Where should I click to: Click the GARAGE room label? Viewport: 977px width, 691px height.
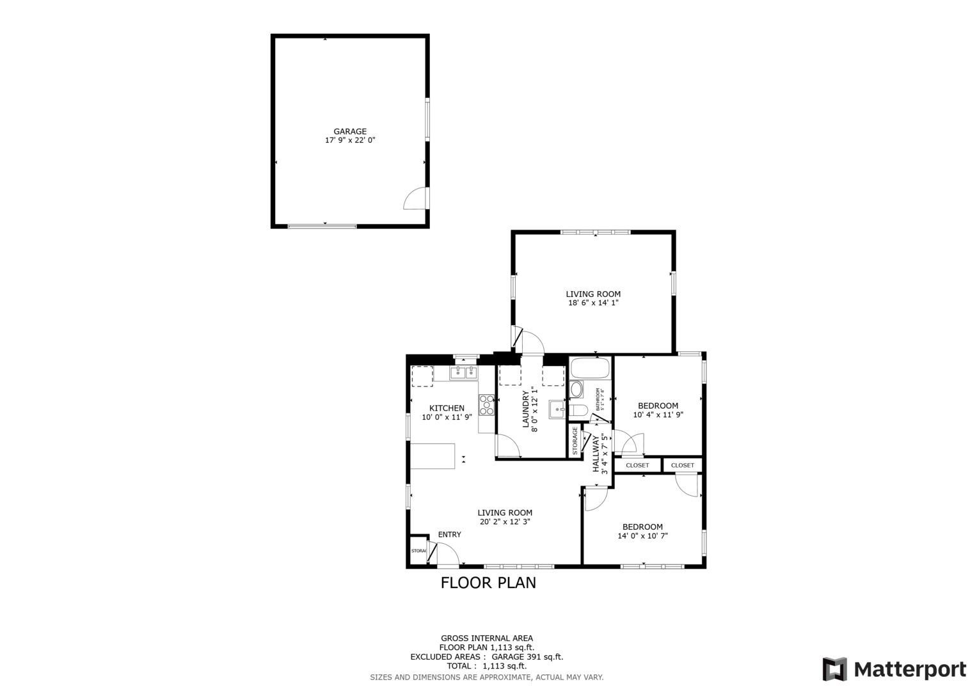350,131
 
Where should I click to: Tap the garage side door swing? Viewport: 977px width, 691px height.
417,198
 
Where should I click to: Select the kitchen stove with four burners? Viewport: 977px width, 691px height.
486,404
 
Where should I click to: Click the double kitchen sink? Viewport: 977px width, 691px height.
464,372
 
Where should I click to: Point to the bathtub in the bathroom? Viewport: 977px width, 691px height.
590,368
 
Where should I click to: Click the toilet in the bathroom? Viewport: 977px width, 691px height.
578,410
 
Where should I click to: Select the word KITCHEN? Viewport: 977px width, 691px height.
447,408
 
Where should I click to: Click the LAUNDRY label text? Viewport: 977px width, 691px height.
526,409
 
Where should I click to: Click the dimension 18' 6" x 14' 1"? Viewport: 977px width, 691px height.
593,303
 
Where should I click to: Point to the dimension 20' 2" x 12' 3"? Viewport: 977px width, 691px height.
505,521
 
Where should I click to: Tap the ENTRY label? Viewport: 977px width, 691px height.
449,535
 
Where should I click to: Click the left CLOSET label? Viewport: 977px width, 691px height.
637,465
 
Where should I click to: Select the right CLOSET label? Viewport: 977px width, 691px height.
683,465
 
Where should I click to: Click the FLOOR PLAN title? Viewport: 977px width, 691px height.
488,583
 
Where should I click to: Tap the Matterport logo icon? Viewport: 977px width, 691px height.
834,669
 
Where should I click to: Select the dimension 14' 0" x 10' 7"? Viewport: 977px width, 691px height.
642,536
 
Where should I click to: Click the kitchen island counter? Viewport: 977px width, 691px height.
433,456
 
